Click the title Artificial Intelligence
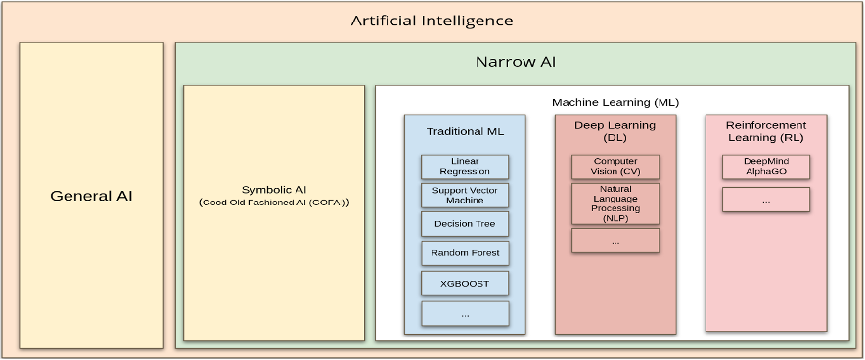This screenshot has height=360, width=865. pos(432,21)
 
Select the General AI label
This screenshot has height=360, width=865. pos(91,196)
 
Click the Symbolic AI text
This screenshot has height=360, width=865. pos(274,189)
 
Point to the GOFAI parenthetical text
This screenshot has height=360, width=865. pos(274,202)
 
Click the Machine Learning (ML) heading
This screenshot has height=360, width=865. pos(615,102)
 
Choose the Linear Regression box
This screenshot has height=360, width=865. pos(465,166)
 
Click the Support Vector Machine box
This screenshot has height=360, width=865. pos(465,195)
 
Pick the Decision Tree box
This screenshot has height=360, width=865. pos(465,224)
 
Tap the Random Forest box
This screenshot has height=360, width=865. pos(465,253)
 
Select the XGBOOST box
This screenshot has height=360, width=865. pos(465,284)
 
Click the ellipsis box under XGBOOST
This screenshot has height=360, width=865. pos(465,313)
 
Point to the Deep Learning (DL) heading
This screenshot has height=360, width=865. pos(615,131)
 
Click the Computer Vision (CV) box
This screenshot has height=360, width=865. pos(615,166)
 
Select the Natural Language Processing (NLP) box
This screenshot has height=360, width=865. pos(615,203)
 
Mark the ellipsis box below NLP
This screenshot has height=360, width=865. pos(615,241)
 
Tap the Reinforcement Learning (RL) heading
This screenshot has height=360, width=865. pos(766,131)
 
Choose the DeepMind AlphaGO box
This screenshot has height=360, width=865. pos(766,166)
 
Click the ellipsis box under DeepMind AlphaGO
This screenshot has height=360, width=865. pos(766,200)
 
